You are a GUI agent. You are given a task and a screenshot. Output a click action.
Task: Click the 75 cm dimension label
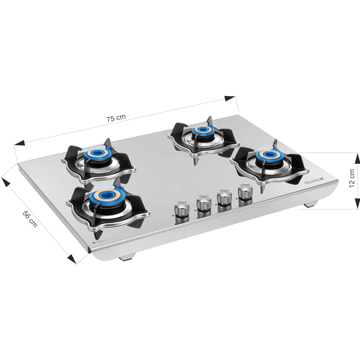(x=116, y=118)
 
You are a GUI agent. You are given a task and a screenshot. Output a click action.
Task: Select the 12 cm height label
(x=352, y=179)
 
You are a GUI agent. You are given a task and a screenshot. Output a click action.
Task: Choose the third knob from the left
(x=225, y=197)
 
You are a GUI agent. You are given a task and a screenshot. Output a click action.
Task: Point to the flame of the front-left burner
(x=105, y=195)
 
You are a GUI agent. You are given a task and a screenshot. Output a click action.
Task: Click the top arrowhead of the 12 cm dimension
(x=357, y=158)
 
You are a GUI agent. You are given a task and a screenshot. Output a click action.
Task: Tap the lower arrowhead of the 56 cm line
(x=72, y=259)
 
